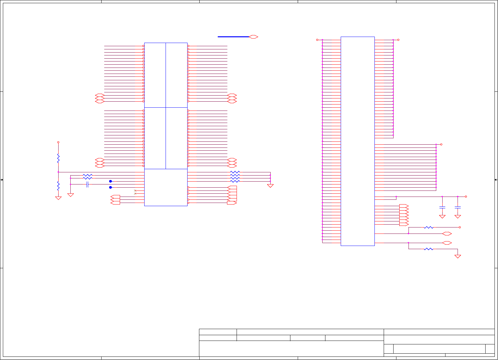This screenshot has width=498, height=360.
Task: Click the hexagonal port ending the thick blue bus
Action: [253, 37]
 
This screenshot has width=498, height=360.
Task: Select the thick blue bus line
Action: [233, 37]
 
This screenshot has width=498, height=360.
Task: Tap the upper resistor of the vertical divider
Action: [58, 158]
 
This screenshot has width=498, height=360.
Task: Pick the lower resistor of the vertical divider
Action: [58, 185]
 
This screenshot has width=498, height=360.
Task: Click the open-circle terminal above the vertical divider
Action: [58, 142]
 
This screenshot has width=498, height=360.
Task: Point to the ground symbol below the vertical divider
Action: [58, 198]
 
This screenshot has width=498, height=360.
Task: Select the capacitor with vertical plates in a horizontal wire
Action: [87, 184]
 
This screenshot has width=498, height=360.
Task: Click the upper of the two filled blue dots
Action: [110, 181]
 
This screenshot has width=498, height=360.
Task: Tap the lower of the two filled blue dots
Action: [110, 187]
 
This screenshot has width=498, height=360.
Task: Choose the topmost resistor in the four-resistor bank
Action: [235, 172]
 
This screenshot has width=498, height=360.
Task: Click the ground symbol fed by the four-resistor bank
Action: [270, 186]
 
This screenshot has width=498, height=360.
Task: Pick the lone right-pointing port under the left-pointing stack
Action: [232, 203]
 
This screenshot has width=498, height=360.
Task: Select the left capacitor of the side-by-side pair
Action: [442, 207]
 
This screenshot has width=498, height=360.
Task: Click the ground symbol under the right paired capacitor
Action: [458, 217]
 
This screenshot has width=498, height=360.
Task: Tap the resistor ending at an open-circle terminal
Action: [429, 227]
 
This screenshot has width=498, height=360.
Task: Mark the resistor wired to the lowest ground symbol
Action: [429, 249]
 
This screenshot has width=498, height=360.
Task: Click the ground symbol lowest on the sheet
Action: [458, 256]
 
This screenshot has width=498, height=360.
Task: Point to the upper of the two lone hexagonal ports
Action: [447, 234]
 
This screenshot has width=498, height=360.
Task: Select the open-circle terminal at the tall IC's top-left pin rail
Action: [317, 40]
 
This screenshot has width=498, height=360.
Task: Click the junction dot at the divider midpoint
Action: [58, 172]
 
